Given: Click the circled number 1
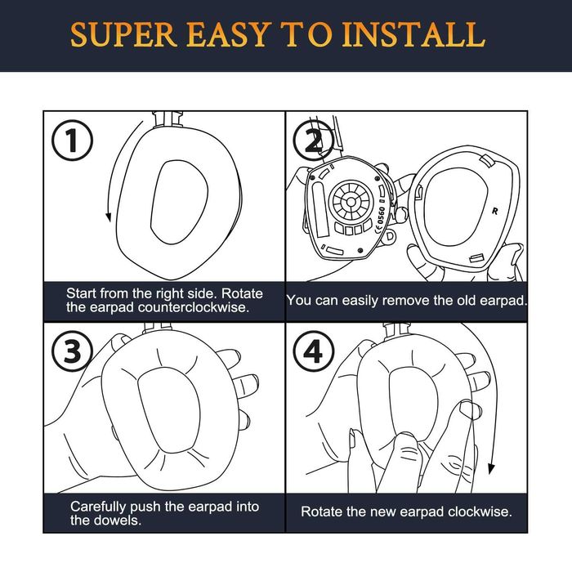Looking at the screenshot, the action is point(72,141).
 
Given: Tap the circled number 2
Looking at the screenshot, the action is point(314,141).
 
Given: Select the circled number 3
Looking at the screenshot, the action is point(72,351).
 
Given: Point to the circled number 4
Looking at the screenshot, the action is point(314,351).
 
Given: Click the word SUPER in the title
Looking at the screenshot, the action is point(123,34).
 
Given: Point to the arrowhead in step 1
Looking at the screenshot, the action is point(108,217).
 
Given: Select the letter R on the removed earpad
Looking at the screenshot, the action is point(495,211).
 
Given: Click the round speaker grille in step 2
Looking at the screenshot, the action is point(351,201).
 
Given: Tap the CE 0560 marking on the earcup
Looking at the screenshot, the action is point(380,219).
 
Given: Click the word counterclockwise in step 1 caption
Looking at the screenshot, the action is point(194,307).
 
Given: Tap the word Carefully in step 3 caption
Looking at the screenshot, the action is point(99,507).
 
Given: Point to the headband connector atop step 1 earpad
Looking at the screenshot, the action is point(168,119).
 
